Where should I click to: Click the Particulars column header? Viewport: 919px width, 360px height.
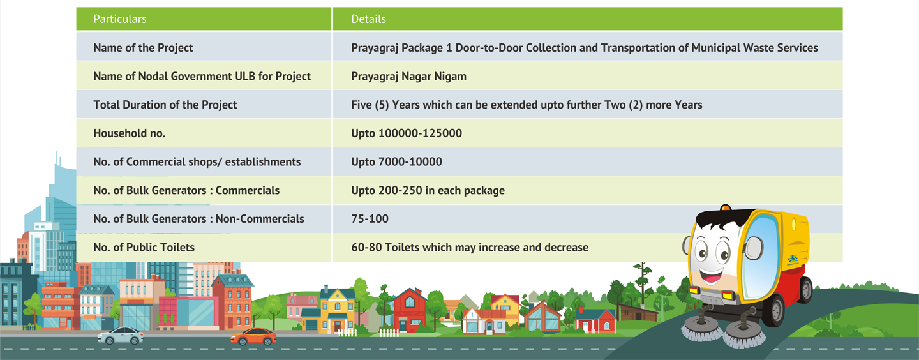(x=120, y=19)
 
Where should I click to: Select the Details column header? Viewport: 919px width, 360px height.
(x=368, y=19)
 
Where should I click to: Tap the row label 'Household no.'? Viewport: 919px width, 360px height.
(x=129, y=133)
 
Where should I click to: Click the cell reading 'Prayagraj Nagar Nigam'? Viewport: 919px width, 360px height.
(x=408, y=77)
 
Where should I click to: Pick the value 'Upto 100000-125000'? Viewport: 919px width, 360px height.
(x=407, y=133)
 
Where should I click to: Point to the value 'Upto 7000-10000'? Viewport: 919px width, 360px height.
(x=397, y=161)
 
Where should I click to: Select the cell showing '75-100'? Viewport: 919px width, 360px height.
(x=370, y=219)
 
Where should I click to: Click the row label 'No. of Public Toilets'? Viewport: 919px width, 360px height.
(x=144, y=247)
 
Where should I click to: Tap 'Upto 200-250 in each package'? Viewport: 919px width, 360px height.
(x=428, y=190)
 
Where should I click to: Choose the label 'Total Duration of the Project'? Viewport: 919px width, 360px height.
(x=165, y=105)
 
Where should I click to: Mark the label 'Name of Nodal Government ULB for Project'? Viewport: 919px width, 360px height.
(x=202, y=77)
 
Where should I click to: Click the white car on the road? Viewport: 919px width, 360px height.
(x=121, y=335)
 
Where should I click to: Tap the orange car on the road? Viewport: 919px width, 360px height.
(x=253, y=336)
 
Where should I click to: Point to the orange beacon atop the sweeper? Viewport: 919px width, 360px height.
(x=726, y=207)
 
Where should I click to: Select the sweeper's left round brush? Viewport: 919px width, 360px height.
(x=702, y=328)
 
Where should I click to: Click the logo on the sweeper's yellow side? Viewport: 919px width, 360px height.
(x=793, y=259)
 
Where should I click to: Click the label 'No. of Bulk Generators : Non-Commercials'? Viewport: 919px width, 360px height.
(x=199, y=219)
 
